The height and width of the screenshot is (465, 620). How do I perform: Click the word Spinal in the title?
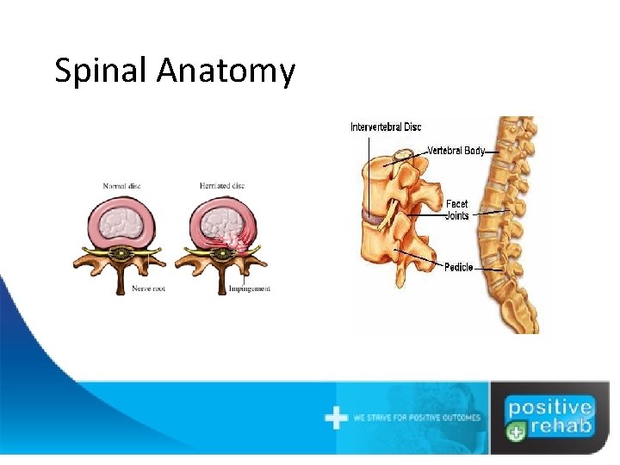pyautogui.click(x=102, y=71)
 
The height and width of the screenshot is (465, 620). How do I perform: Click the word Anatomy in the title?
pyautogui.click(x=226, y=71)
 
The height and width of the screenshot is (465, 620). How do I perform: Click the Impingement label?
pyautogui.click(x=249, y=289)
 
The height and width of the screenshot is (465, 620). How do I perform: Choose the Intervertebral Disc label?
pyautogui.click(x=386, y=127)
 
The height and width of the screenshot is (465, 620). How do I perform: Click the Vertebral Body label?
pyautogui.click(x=456, y=151)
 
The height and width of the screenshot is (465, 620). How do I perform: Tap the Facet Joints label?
pyautogui.click(x=457, y=210)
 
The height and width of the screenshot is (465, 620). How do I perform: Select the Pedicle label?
pyautogui.click(x=458, y=268)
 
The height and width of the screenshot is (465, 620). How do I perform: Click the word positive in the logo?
pyautogui.click(x=549, y=407)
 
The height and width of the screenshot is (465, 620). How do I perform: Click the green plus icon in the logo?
pyautogui.click(x=514, y=433)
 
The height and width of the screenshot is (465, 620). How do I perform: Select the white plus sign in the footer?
pyautogui.click(x=336, y=418)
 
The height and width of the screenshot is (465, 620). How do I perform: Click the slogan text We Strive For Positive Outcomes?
pyautogui.click(x=417, y=418)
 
